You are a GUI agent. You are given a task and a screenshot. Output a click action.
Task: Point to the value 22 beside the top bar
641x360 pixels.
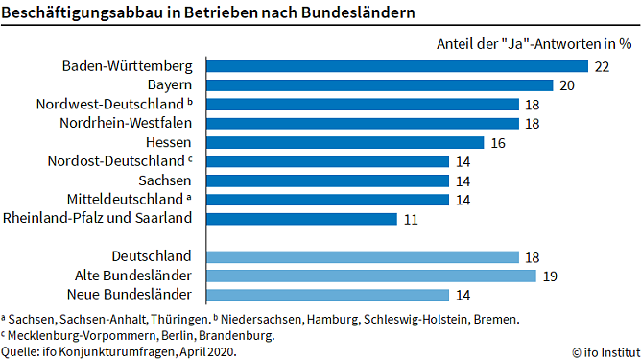603,66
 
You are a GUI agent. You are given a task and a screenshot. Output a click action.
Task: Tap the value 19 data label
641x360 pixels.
551,276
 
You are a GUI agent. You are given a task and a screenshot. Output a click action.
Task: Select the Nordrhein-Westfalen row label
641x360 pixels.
140,123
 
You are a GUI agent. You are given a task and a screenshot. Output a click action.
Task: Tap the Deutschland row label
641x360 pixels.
152,256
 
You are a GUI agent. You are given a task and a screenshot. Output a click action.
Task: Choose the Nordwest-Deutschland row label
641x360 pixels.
111,104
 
